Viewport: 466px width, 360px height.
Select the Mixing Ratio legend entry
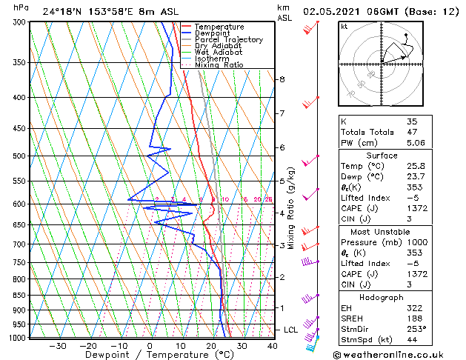point(219,65)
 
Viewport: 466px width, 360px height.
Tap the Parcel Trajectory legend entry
point(228,39)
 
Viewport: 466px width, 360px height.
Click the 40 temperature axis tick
point(273,346)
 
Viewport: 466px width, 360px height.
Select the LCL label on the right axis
point(292,330)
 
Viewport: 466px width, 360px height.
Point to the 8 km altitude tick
point(282,79)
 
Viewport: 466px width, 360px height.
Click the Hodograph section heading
point(382,297)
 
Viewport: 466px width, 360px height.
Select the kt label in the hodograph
point(344,26)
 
